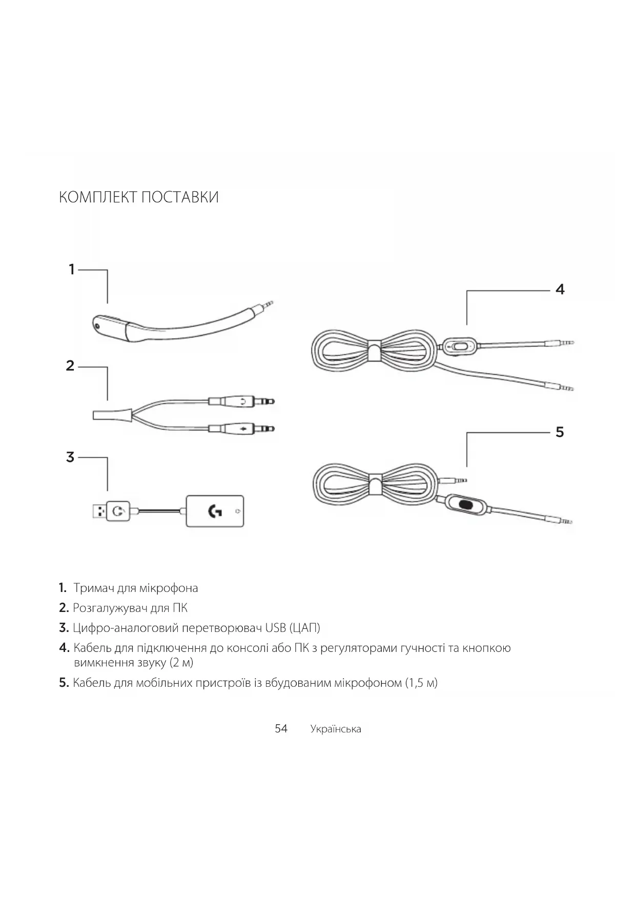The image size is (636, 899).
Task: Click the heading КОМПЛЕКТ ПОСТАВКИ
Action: (x=138, y=197)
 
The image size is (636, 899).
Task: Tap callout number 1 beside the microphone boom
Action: (x=72, y=270)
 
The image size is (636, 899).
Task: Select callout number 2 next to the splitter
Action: (x=70, y=366)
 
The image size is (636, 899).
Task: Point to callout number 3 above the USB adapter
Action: (x=70, y=457)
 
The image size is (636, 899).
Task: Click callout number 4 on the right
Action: (x=560, y=290)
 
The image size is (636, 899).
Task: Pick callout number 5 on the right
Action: (x=560, y=432)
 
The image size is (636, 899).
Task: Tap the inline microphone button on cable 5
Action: (x=466, y=504)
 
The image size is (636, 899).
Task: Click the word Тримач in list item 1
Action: (x=93, y=588)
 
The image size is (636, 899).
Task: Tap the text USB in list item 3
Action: (x=275, y=628)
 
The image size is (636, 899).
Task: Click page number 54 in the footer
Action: (x=281, y=729)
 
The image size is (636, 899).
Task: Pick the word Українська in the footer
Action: (x=335, y=729)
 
